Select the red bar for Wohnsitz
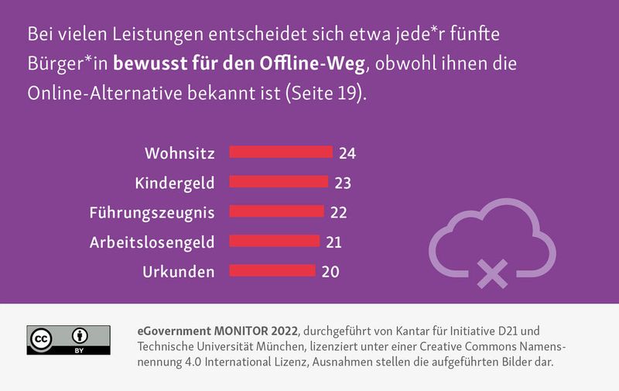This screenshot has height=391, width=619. click(x=281, y=153)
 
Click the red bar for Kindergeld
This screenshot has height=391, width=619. click(x=279, y=183)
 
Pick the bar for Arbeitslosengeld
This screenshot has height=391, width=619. click(x=275, y=242)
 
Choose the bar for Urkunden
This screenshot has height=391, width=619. click(x=272, y=271)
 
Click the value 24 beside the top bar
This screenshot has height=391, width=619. click(x=347, y=153)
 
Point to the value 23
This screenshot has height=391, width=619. click(x=343, y=183)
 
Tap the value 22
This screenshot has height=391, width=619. click(x=338, y=212)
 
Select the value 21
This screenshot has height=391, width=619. click(x=333, y=242)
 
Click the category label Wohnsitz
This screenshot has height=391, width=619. click(x=180, y=153)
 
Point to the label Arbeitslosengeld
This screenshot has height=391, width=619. click(x=152, y=242)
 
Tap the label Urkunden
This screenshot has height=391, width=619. click(x=179, y=272)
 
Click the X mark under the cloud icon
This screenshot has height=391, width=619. click(x=492, y=273)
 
